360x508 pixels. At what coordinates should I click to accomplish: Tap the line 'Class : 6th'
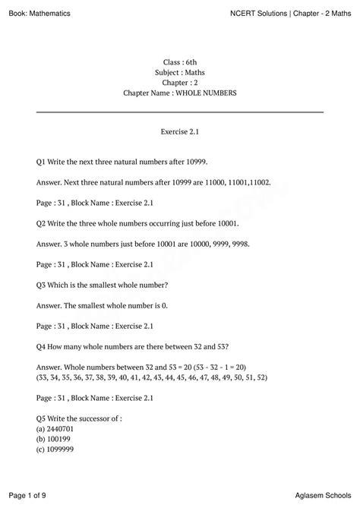(180, 60)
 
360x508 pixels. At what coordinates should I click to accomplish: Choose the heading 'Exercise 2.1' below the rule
(180, 131)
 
